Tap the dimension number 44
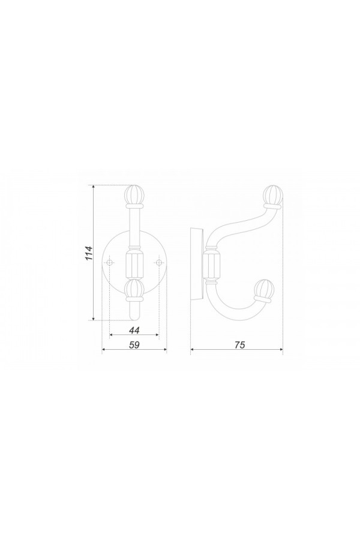(134, 330)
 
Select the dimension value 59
(134, 345)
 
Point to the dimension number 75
(240, 345)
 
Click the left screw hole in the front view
(110, 263)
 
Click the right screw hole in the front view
(158, 263)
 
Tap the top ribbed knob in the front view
(134, 194)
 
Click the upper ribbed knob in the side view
(273, 194)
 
